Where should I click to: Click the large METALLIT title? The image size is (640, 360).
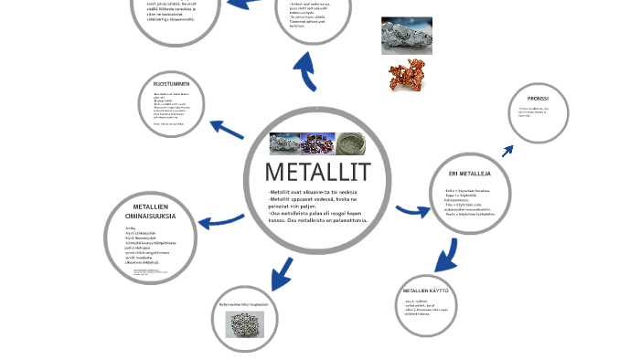[317, 172]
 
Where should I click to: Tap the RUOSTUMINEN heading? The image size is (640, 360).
[171, 84]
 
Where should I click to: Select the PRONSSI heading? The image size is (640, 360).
[538, 98]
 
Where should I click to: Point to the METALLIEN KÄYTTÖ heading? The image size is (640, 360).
[426, 291]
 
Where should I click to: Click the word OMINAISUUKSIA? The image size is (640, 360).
[150, 216]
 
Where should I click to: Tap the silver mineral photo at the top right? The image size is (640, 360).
[406, 36]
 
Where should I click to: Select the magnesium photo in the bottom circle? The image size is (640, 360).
[244, 324]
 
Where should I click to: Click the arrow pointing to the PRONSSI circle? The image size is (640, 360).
[507, 151]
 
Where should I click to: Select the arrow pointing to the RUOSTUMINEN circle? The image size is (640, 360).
[226, 129]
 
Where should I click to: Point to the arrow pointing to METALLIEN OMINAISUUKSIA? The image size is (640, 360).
[219, 221]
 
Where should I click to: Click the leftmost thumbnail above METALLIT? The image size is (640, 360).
[284, 143]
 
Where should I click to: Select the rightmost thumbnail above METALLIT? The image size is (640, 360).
[350, 143]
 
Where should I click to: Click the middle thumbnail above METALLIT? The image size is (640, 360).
[317, 143]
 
